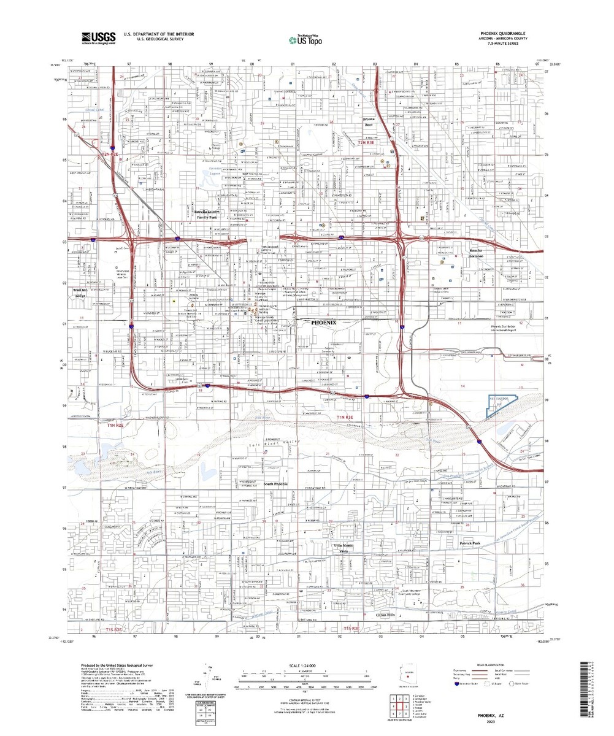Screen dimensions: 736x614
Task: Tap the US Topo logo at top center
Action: (304, 39)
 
